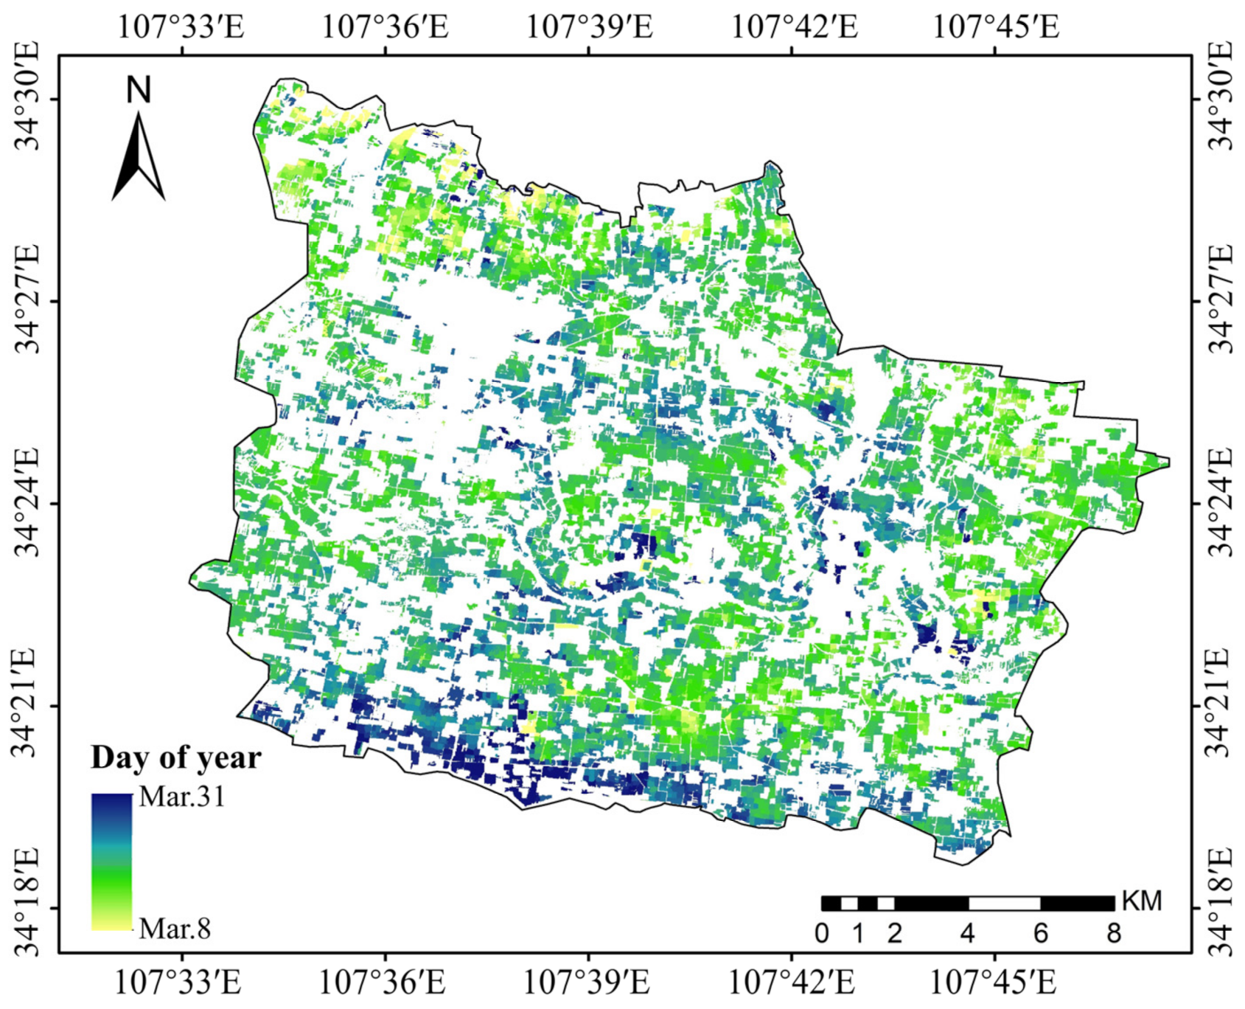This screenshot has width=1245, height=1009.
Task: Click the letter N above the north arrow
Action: point(139,91)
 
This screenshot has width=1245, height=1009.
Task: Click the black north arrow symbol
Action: point(138,158)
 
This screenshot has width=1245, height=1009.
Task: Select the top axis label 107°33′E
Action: point(181,27)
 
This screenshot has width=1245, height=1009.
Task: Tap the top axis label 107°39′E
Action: point(589,27)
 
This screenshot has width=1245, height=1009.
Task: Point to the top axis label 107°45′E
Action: point(996,27)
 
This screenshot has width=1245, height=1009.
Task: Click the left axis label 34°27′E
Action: point(28,300)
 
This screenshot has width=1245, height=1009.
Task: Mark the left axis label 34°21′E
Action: point(28,704)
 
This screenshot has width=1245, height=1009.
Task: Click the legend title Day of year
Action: point(175,757)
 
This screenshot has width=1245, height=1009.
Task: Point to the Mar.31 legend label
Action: point(182,797)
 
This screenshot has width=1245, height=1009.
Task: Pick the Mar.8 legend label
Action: point(175,928)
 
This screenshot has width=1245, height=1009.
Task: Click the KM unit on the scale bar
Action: point(1141,901)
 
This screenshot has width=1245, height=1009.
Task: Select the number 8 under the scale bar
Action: point(1114,934)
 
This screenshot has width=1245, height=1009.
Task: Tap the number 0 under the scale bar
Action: point(822,934)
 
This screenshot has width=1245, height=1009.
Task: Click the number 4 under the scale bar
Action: point(968,934)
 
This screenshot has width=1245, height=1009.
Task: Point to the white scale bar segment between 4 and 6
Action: point(1004,904)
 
